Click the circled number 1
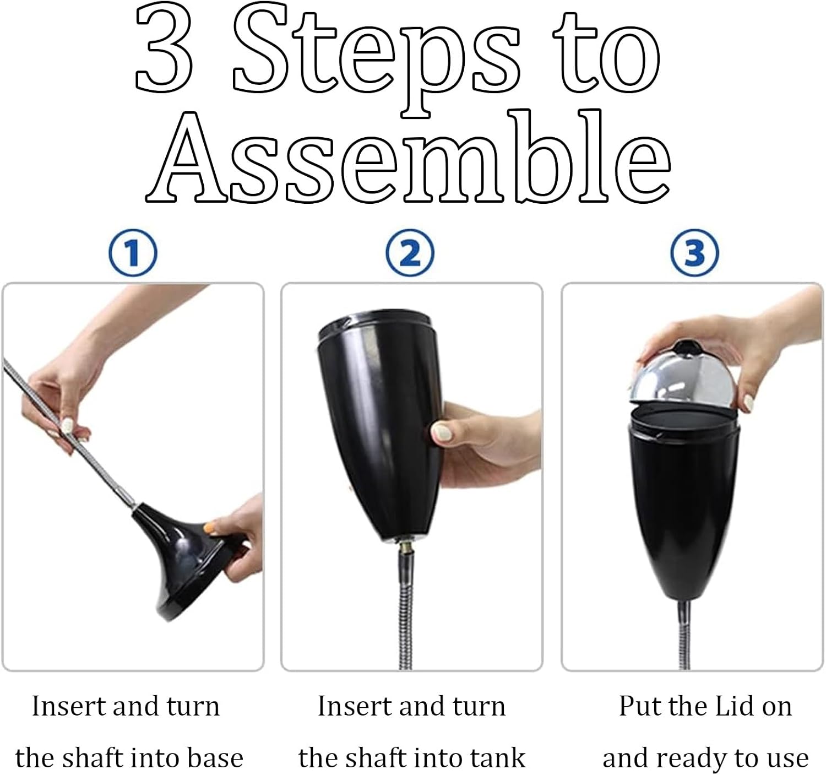133,253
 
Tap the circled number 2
410,253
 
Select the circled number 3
694,253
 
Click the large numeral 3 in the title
164,50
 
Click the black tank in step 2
378,425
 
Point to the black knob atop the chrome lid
684,347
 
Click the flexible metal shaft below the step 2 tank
405,616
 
